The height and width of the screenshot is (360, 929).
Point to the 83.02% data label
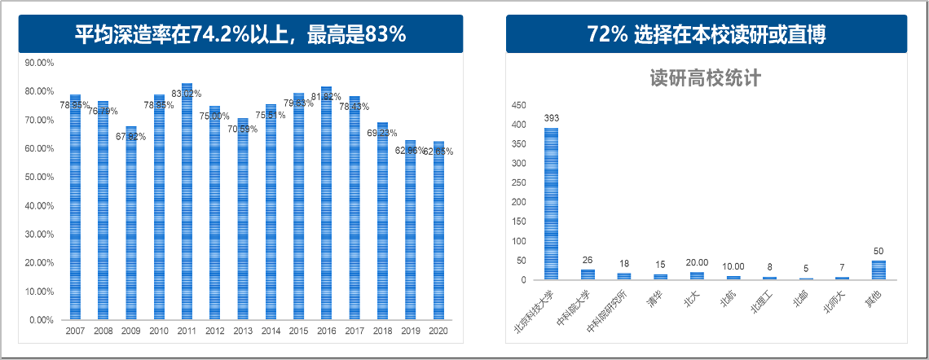tap(187, 94)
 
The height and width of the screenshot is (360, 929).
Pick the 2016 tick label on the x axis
tap(326, 331)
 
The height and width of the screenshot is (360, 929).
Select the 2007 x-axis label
tap(75, 331)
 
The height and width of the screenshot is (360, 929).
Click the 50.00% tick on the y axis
tap(40, 177)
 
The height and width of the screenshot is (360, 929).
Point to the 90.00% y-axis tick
tap(40, 63)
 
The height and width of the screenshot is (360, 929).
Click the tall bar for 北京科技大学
tap(552, 204)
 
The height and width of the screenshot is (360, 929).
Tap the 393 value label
tap(552, 118)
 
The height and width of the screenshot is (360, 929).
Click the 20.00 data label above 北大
tap(697, 262)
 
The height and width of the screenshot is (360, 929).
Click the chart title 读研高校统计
tap(706, 79)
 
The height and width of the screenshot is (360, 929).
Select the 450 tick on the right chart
tap(517, 106)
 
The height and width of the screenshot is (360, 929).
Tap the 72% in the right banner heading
tap(606, 34)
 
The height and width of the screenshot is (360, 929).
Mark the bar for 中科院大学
tap(588, 274)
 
